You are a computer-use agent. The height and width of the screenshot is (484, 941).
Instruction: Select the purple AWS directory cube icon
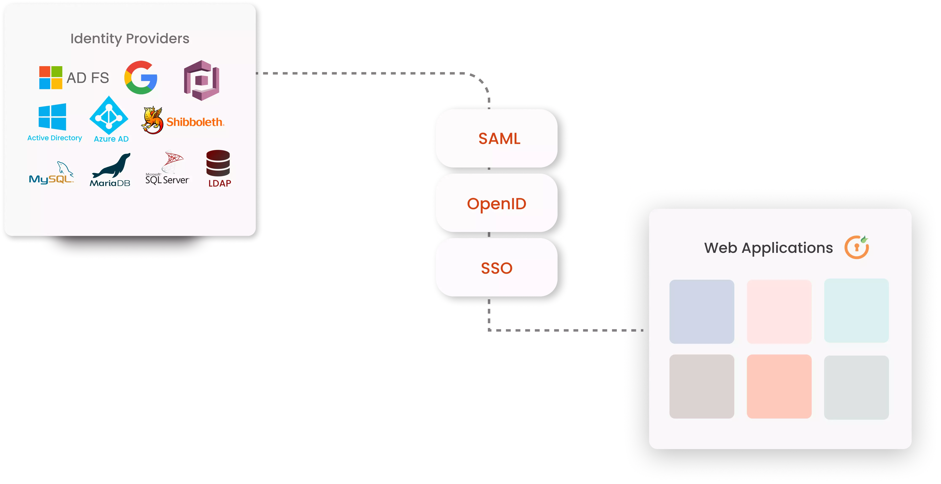click(x=201, y=80)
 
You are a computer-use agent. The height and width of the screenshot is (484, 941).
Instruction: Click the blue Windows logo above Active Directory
click(x=52, y=117)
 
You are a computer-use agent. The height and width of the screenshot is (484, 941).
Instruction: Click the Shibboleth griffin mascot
click(x=152, y=120)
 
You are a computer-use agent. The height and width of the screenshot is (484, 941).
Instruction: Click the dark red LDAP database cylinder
click(x=218, y=163)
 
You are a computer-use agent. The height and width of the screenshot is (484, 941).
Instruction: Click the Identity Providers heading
click(x=130, y=38)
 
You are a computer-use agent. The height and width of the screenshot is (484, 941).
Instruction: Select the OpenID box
click(x=497, y=203)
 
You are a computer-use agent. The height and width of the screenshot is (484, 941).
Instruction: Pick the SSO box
click(x=497, y=268)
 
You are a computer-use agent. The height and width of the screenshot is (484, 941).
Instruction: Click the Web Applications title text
click(x=768, y=248)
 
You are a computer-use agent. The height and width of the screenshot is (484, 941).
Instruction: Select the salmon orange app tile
click(x=779, y=386)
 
